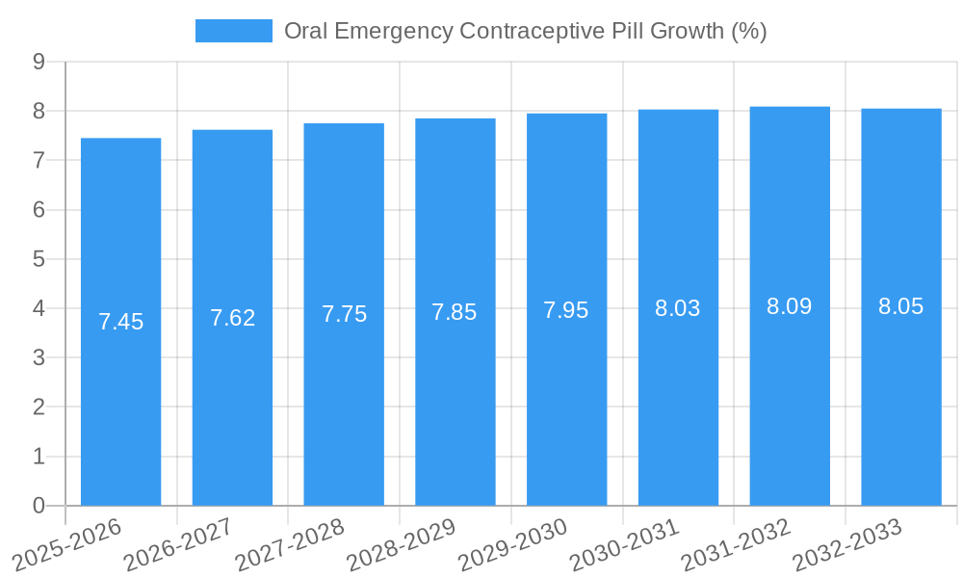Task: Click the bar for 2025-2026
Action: (120, 322)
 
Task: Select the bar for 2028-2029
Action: (455, 312)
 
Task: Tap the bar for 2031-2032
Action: (790, 306)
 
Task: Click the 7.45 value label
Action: (120, 322)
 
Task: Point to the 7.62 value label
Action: (232, 318)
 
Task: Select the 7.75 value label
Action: (344, 314)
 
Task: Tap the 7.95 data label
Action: (566, 310)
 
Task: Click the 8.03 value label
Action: (678, 308)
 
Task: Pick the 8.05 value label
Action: (900, 306)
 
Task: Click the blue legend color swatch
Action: (233, 31)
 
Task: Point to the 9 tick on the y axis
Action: (39, 62)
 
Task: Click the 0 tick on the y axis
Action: (39, 506)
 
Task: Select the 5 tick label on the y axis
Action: (39, 259)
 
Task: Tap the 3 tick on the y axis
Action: (39, 357)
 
